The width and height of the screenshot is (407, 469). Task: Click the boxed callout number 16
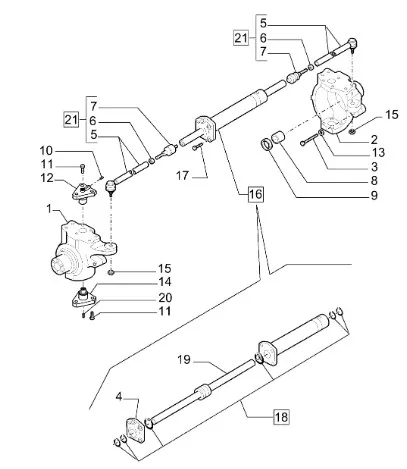(x=255, y=194)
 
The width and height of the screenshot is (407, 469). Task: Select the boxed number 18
(x=281, y=417)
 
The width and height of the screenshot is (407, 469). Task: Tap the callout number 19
(x=184, y=360)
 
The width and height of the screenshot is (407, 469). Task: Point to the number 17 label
(x=182, y=175)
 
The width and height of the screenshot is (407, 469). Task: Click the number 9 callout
(x=374, y=195)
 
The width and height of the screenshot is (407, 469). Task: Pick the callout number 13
(x=378, y=153)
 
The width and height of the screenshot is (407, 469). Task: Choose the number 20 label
(x=165, y=297)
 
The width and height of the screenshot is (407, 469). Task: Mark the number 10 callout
(x=46, y=151)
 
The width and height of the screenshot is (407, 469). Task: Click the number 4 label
(x=119, y=397)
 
